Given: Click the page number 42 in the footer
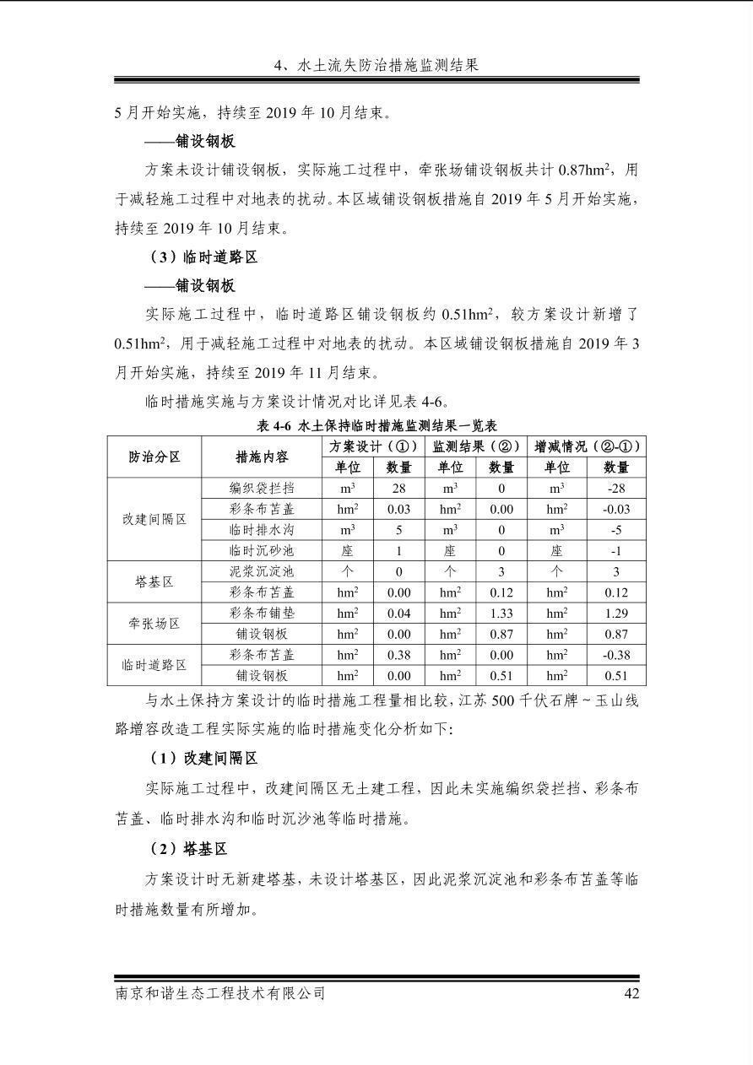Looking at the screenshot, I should tap(631, 993).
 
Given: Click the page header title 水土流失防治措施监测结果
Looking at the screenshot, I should tap(376, 65).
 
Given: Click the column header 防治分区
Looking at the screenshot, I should tap(154, 457).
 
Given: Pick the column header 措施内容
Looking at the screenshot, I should tap(262, 457).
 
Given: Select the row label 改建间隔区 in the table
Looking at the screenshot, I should tap(154, 519).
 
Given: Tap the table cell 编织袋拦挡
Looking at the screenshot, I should tap(262, 488).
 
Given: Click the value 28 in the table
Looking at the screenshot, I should tap(398, 488).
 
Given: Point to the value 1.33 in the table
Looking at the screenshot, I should tap(501, 613).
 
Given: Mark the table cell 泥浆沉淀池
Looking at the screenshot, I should tap(262, 571).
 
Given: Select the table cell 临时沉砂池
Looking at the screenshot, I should tap(262, 550).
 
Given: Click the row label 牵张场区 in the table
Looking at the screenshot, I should tap(154, 624).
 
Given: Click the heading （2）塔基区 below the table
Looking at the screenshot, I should tap(188, 849).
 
